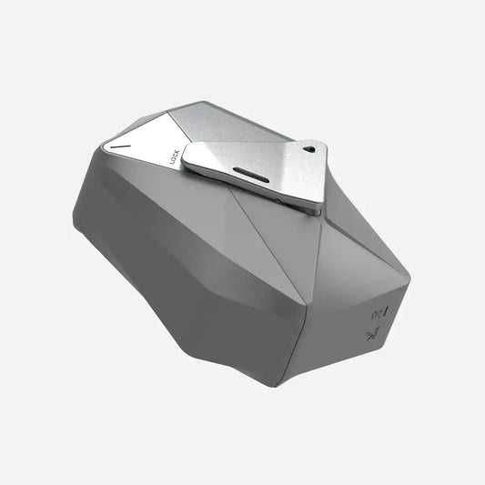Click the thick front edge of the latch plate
[x=246, y=193]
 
